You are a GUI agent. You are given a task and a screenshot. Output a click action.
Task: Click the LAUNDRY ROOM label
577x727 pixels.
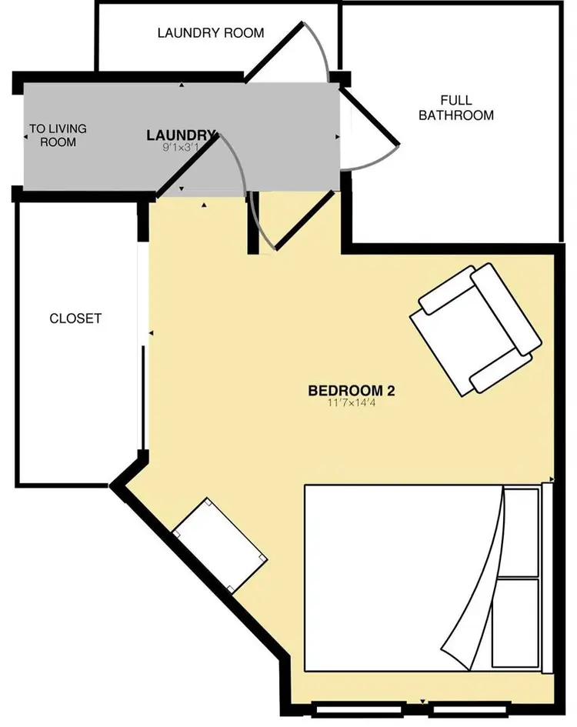pyautogui.click(x=210, y=33)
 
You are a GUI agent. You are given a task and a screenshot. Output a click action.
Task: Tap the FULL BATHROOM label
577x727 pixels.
pyautogui.click(x=455, y=108)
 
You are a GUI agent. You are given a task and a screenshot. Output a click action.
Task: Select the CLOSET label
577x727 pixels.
pyautogui.click(x=75, y=318)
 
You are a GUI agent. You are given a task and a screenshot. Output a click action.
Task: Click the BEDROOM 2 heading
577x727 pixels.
pyautogui.click(x=351, y=390)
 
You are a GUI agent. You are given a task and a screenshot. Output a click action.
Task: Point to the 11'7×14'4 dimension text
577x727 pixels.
pyautogui.click(x=351, y=403)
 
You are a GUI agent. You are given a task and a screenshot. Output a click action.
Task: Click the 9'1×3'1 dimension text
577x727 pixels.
pyautogui.click(x=181, y=148)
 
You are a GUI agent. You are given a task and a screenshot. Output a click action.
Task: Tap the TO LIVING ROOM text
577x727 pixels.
pyautogui.click(x=58, y=135)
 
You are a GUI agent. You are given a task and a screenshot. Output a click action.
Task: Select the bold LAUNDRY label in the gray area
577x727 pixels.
pyautogui.click(x=181, y=135)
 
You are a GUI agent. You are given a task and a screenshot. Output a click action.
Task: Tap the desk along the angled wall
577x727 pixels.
pyautogui.click(x=220, y=545)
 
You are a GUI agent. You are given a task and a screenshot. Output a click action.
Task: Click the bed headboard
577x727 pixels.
pyautogui.click(x=548, y=577)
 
